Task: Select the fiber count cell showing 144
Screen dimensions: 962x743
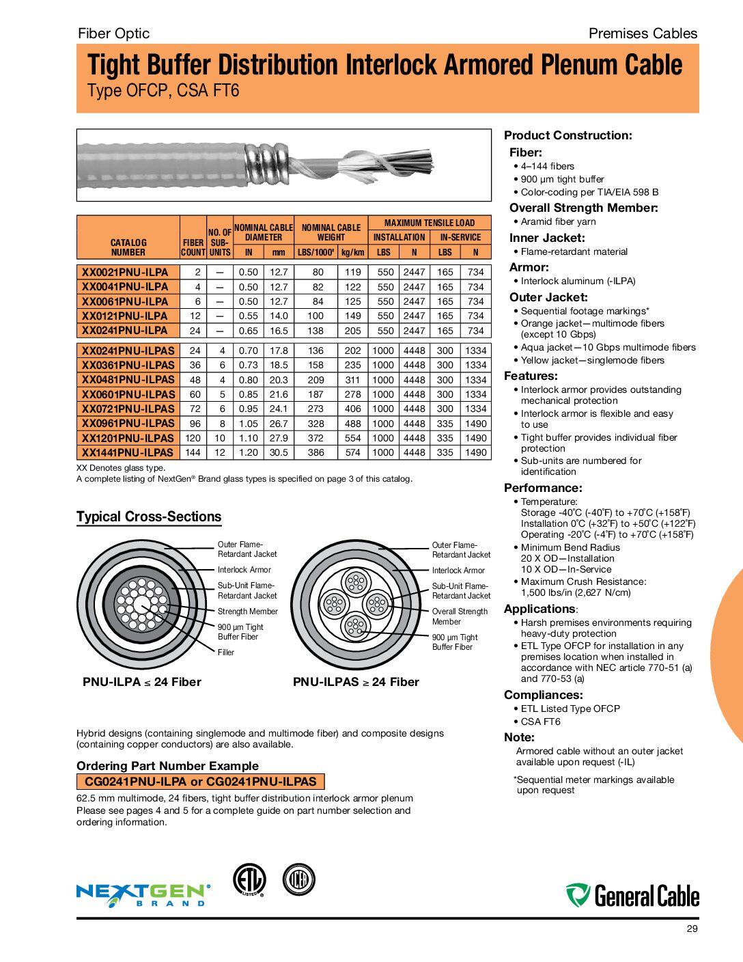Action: pyautogui.click(x=195, y=452)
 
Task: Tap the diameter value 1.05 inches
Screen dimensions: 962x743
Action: pyautogui.click(x=249, y=424)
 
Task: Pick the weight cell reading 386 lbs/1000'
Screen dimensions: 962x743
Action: pyautogui.click(x=316, y=452)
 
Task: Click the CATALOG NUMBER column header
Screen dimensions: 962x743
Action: pyautogui.click(x=128, y=247)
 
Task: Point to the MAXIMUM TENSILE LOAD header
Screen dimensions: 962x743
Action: pyautogui.click(x=429, y=223)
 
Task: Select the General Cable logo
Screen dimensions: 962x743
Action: pyautogui.click(x=632, y=895)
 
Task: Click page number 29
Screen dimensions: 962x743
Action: pyautogui.click(x=692, y=929)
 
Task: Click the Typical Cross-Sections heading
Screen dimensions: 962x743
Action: pyautogui.click(x=149, y=517)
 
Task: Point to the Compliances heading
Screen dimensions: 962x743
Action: pyautogui.click(x=543, y=695)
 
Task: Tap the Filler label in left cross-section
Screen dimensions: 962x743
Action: pyautogui.click(x=226, y=652)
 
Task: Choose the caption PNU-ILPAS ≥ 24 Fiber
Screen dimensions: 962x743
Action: pyautogui.click(x=356, y=682)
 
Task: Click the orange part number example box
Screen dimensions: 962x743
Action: pyautogui.click(x=200, y=782)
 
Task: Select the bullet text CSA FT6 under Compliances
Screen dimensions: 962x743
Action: pyautogui.click(x=540, y=721)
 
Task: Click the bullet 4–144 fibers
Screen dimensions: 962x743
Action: pyautogui.click(x=547, y=166)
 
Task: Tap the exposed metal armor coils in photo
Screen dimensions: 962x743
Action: pyautogui.click(x=265, y=164)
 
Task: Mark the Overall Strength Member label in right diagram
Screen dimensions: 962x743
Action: pyautogui.click(x=460, y=616)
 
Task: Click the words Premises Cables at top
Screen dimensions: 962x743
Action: pyautogui.click(x=643, y=33)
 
